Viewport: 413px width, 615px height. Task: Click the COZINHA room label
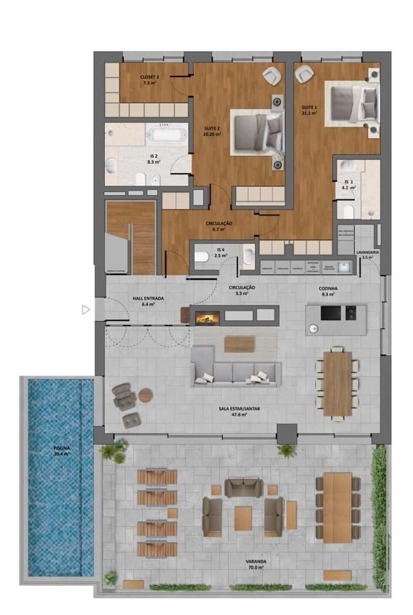pyautogui.click(x=329, y=290)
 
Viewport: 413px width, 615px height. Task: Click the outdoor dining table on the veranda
pyautogui.click(x=338, y=507)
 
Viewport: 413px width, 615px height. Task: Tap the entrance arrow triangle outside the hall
pyautogui.click(x=86, y=310)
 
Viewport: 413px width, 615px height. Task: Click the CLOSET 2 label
pyautogui.click(x=150, y=80)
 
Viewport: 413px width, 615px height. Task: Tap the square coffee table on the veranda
pyautogui.click(x=243, y=517)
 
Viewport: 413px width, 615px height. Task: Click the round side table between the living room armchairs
pyautogui.click(x=146, y=395)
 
